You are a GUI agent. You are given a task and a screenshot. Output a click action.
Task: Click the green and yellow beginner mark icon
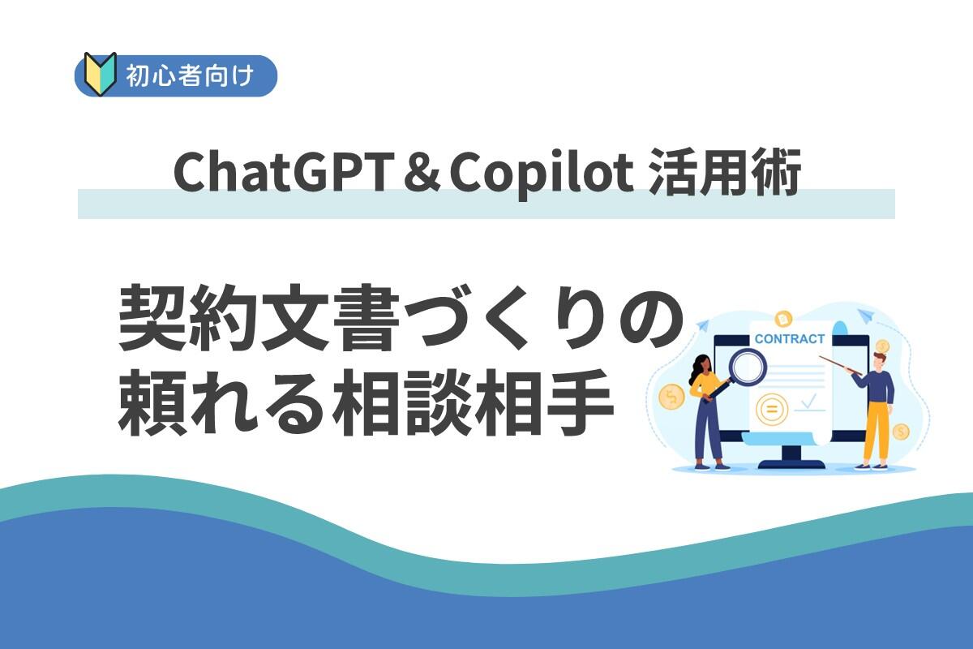pyautogui.click(x=101, y=75)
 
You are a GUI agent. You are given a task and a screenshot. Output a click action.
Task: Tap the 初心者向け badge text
pyautogui.click(x=190, y=75)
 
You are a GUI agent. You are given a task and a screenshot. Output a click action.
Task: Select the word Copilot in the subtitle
pyautogui.click(x=542, y=174)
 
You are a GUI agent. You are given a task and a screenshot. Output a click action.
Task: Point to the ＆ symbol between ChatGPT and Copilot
pyautogui.click(x=418, y=173)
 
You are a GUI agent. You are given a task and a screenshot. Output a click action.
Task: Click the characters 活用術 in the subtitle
pyautogui.click(x=725, y=173)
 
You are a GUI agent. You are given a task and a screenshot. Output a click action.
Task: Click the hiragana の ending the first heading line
pyautogui.click(x=646, y=318)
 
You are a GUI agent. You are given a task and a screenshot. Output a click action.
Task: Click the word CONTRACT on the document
pyautogui.click(x=789, y=338)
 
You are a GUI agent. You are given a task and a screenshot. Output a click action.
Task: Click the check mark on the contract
pyautogui.click(x=809, y=401)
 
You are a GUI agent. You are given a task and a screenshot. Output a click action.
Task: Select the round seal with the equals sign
pyautogui.click(x=771, y=409)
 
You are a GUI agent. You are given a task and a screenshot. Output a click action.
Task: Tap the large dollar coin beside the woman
pyautogui.click(x=671, y=397)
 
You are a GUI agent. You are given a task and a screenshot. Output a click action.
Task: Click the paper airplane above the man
pyautogui.click(x=865, y=316)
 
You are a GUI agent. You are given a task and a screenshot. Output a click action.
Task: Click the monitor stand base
pyautogui.click(x=791, y=464)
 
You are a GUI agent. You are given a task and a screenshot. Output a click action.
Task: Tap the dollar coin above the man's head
pyautogui.click(x=882, y=346)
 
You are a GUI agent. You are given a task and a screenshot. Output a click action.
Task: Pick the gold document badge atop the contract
pyautogui.click(x=783, y=319)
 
